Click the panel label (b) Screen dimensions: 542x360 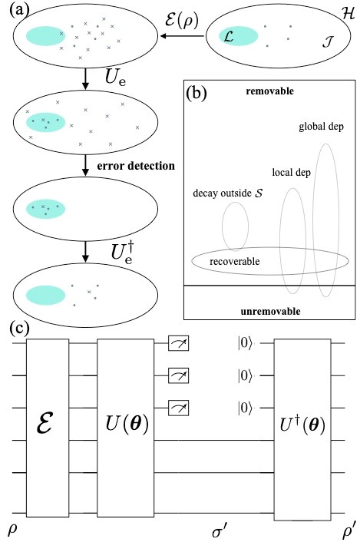[x=198, y=94]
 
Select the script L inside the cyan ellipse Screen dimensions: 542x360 [x=227, y=35]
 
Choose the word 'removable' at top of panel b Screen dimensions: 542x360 [x=267, y=91]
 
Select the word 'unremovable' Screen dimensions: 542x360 [x=267, y=311]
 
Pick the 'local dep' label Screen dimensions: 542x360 [x=291, y=172]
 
